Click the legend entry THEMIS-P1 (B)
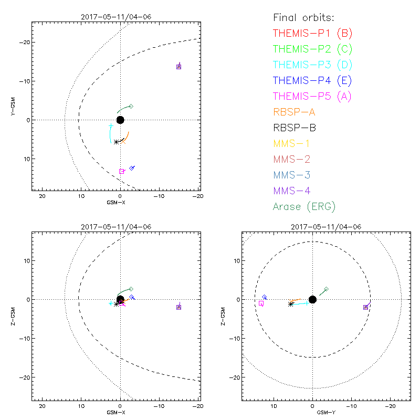[x=312, y=34]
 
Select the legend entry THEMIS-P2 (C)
[x=312, y=49]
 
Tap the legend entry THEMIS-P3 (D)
[x=312, y=65]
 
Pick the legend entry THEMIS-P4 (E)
[x=312, y=81]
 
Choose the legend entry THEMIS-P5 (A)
[x=312, y=97]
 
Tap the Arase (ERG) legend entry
[x=304, y=206]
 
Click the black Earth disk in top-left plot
[x=120, y=120]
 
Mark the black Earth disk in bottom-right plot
[x=312, y=299]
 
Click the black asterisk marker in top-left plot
[x=116, y=142]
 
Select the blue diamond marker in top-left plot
[x=132, y=168]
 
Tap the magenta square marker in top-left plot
[x=122, y=171]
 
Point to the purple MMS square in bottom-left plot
[x=179, y=307]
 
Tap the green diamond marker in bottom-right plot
[x=326, y=289]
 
